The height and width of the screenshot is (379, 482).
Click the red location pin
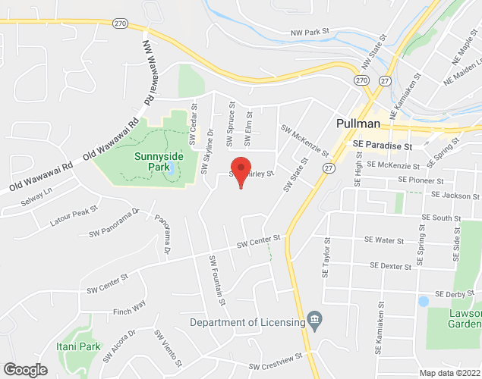coord(241,171)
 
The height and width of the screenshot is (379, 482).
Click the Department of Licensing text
coord(246,322)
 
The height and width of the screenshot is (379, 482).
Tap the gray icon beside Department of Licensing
coord(314,322)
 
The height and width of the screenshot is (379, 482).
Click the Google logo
coord(24,369)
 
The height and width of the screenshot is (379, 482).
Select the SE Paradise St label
coord(382,145)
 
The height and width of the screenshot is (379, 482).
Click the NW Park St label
coord(312,32)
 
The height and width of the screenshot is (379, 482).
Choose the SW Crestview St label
coord(276,360)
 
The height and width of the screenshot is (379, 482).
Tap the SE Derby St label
coord(454,293)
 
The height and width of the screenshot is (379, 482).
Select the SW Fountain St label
coord(217,280)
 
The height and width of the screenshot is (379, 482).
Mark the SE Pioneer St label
coord(421,182)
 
